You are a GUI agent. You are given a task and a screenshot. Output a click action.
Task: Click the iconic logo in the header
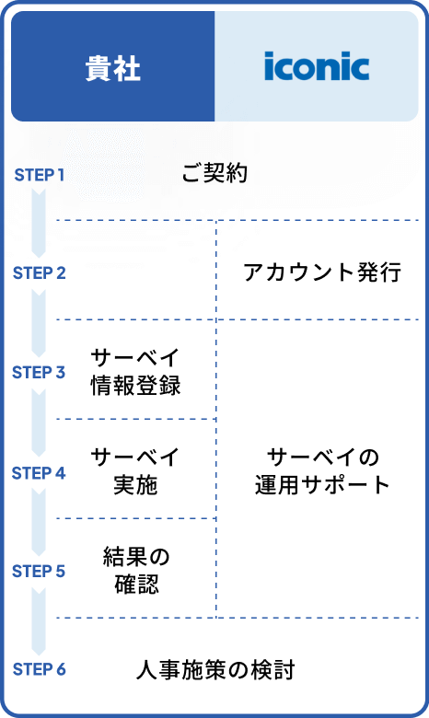(x=317, y=67)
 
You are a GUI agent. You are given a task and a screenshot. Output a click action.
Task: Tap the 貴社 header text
(x=112, y=68)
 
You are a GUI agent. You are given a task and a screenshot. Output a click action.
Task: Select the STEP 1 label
(x=39, y=174)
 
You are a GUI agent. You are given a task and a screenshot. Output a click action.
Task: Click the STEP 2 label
(x=39, y=272)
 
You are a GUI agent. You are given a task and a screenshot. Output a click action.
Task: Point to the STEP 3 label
(x=39, y=373)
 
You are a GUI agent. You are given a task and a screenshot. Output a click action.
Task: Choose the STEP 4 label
(x=39, y=473)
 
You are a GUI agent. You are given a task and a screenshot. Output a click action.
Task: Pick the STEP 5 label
(x=39, y=572)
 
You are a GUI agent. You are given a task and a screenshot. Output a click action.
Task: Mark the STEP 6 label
(x=39, y=669)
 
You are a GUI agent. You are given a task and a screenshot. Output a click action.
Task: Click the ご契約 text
(x=214, y=173)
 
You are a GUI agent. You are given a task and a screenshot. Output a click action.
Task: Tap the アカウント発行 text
(x=322, y=272)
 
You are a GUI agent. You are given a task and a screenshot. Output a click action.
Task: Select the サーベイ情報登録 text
(x=135, y=372)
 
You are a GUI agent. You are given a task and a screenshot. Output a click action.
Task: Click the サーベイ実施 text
(x=135, y=471)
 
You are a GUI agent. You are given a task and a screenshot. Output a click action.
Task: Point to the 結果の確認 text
(x=136, y=571)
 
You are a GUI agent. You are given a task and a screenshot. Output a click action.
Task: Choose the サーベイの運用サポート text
(x=322, y=471)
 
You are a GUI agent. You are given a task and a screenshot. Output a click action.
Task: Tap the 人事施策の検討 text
(x=214, y=669)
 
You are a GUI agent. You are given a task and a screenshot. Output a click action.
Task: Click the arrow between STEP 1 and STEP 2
(x=39, y=223)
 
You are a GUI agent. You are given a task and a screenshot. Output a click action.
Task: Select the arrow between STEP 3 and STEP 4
(x=39, y=423)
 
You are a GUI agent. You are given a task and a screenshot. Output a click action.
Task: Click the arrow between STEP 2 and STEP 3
(x=39, y=322)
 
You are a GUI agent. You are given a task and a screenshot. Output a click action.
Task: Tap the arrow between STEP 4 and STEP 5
(x=39, y=522)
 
